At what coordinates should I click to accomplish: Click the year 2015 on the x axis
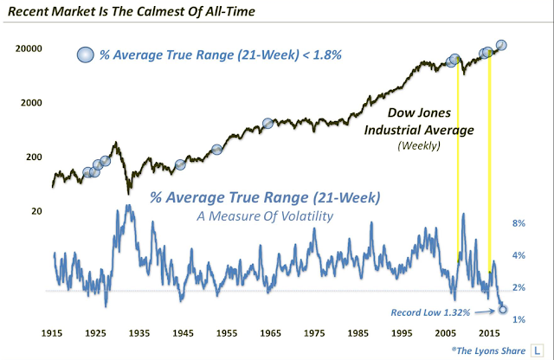[489, 333]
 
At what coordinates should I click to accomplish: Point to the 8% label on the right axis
[519, 223]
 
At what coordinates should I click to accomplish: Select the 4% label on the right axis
[519, 255]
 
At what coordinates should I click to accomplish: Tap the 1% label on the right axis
[519, 319]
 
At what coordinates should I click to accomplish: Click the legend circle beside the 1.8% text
[86, 54]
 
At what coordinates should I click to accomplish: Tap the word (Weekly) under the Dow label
[419, 145]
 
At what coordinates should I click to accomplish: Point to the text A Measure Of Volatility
[265, 216]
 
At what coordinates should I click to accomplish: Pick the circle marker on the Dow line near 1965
[267, 124]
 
